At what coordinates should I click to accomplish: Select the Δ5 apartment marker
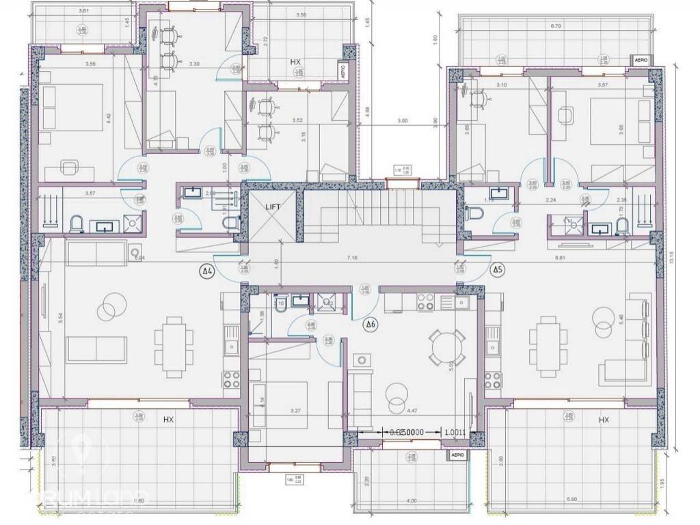pos(498,270)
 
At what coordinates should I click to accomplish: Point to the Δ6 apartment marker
pos(370,323)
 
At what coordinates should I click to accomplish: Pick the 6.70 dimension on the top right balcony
pos(554,27)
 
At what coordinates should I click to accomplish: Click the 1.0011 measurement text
pos(455,432)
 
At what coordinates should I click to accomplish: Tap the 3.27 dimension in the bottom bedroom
pos(296,411)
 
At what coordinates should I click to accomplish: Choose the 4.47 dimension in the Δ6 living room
pos(412,411)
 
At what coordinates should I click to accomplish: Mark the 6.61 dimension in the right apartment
pos(561,258)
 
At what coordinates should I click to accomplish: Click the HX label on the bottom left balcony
pos(168,419)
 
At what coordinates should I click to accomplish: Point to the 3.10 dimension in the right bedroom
pos(501,85)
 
